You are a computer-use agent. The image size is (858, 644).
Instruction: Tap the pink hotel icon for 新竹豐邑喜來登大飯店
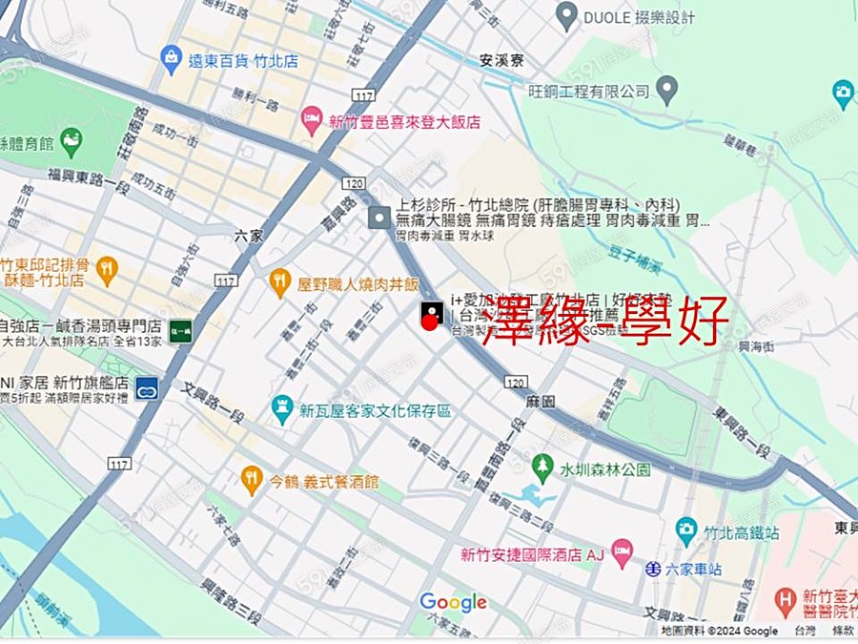312,121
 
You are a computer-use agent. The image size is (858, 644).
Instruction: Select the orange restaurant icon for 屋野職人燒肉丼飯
279,282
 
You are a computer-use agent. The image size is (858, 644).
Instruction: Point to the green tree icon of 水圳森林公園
542,468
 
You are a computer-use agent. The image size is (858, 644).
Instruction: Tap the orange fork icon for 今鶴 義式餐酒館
251,480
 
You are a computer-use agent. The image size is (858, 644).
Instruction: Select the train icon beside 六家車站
652,570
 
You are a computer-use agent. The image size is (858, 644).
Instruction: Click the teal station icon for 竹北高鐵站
686,531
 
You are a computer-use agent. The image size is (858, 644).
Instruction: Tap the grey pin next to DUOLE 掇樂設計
567,16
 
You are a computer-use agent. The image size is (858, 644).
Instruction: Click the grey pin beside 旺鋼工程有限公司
667,92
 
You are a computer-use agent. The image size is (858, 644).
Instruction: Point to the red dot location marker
429,322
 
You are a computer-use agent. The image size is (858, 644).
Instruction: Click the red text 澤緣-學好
605,320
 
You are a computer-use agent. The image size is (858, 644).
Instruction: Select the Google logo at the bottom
453,602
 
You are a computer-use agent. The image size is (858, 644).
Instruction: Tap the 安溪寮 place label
501,59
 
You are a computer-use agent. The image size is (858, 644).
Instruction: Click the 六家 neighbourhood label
248,234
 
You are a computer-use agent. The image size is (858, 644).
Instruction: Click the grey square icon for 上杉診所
379,218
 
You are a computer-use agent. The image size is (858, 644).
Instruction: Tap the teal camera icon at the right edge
843,93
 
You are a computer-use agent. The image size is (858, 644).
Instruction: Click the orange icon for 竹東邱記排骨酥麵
107,270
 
